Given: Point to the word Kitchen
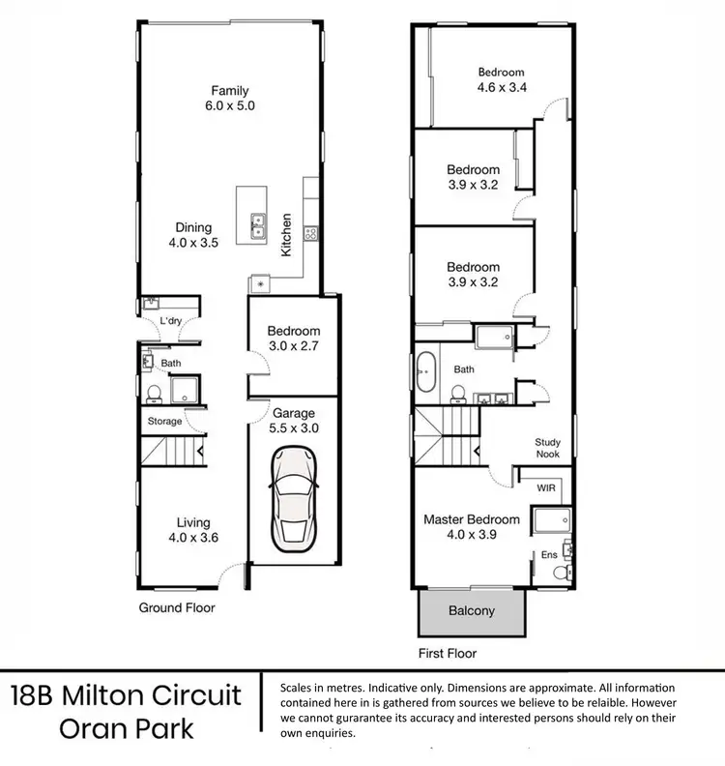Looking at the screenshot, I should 286,235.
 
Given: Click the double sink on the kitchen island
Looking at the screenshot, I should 258,226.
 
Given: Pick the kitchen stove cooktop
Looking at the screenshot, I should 311,232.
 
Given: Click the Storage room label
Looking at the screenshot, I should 164,422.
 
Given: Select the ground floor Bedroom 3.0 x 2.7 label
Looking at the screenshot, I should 293,339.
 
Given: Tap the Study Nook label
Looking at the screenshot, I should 548,449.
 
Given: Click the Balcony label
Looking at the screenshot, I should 472,610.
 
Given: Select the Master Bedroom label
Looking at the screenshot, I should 472,526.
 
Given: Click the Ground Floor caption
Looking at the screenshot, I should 176,608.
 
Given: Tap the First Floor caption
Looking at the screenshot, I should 449,653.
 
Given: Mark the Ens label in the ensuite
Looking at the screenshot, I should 547,555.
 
